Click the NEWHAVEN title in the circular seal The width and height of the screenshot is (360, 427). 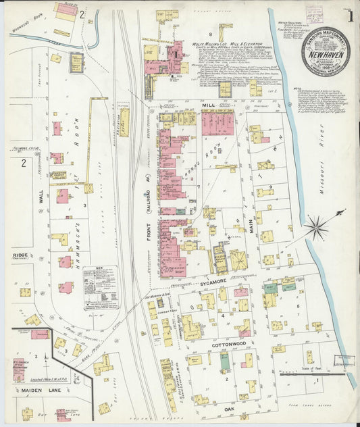tap(327, 51)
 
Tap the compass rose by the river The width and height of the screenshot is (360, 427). tap(315, 226)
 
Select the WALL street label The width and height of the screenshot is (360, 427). tap(41, 197)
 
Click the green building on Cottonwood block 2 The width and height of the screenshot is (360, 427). tap(225, 361)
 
